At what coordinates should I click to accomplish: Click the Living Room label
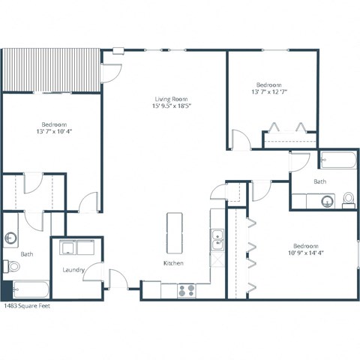coord(171,100)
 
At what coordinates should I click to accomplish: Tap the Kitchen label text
coord(174,264)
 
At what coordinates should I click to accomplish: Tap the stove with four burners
coord(185,289)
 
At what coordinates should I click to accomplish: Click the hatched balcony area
coord(51,70)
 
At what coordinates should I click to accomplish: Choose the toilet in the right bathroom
coord(348,199)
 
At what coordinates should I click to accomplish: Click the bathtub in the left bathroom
coord(30,289)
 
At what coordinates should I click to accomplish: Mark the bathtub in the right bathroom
coord(337,160)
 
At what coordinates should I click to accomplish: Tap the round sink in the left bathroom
coord(11,238)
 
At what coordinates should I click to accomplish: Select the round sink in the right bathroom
coord(325,200)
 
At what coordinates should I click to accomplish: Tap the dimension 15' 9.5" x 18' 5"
coord(171,107)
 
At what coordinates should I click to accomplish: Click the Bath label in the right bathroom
coord(320,181)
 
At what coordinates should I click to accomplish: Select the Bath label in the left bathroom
coord(27,253)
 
